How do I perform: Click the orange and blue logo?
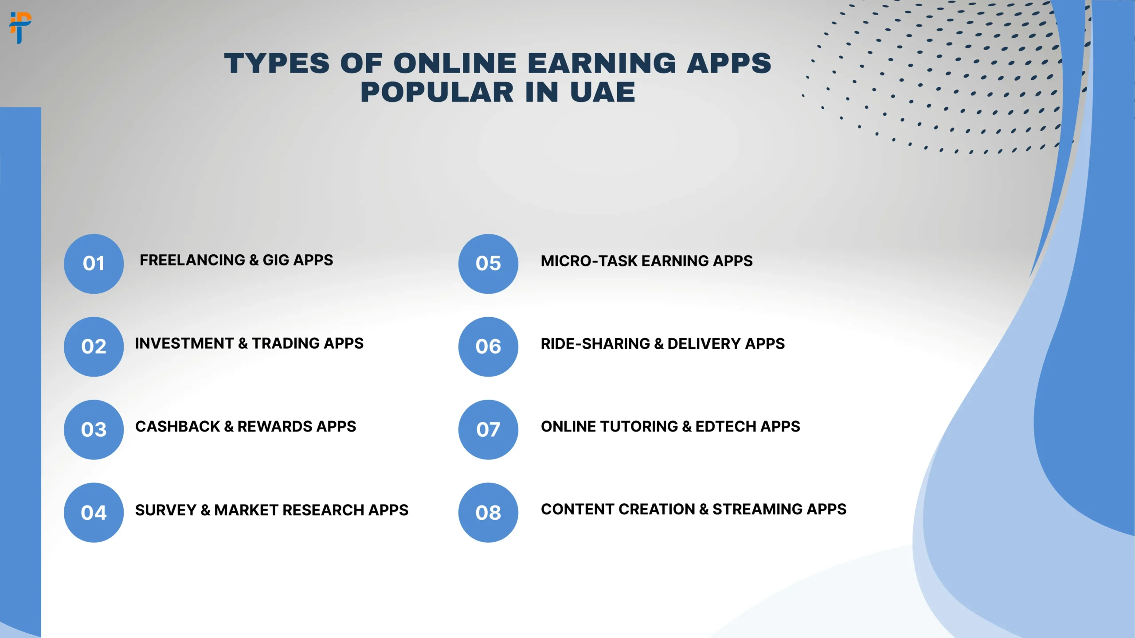click(x=20, y=27)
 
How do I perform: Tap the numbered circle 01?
click(x=94, y=264)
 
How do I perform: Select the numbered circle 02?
click(x=94, y=346)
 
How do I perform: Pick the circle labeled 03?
click(x=94, y=429)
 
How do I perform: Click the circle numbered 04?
click(x=94, y=513)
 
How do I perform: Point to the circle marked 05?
click(x=488, y=264)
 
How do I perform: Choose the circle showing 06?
click(x=488, y=346)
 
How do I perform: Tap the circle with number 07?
click(x=488, y=429)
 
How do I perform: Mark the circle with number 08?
click(x=488, y=513)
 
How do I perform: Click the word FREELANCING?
click(x=192, y=260)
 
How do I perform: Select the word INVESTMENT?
click(x=184, y=343)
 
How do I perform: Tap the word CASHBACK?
click(x=177, y=426)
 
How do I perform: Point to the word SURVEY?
click(x=165, y=510)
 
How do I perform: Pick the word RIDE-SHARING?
click(x=595, y=344)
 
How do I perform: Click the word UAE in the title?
click(x=603, y=92)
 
